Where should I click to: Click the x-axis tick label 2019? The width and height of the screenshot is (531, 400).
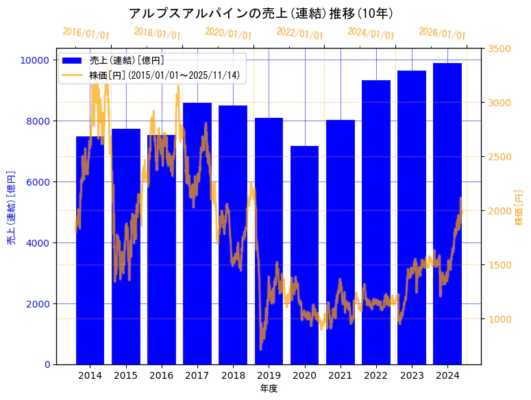click(x=269, y=375)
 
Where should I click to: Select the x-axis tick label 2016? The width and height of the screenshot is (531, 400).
click(x=162, y=375)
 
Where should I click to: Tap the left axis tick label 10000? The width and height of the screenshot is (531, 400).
click(x=34, y=60)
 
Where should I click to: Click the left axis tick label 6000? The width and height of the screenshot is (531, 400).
click(x=37, y=182)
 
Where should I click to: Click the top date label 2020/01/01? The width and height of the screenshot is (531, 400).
click(x=229, y=34)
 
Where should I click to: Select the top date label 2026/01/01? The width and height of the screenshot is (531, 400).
click(x=442, y=34)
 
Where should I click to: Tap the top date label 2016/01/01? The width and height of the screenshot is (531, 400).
click(x=86, y=34)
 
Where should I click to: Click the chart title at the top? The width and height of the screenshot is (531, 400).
click(x=261, y=13)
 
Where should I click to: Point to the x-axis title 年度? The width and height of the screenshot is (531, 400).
click(x=269, y=388)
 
